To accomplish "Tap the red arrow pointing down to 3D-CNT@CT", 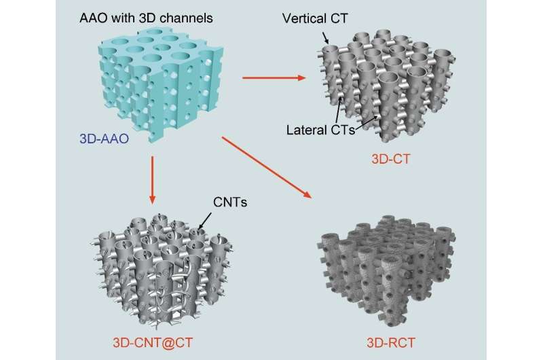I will click(x=153, y=179).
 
